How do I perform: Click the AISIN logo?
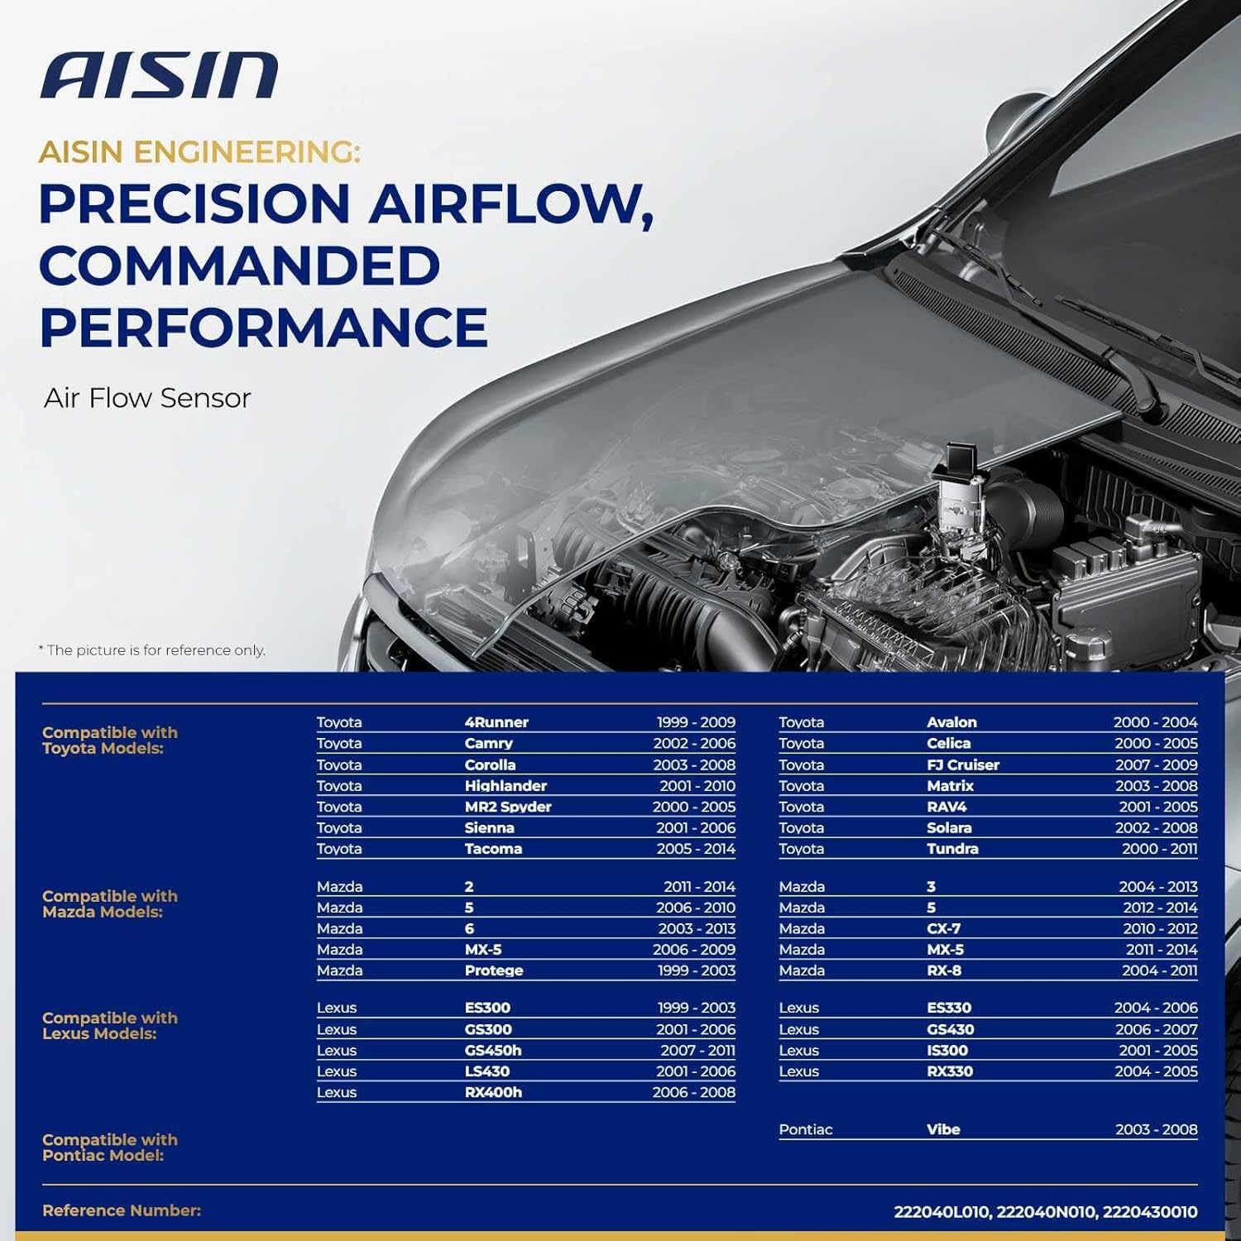pyautogui.click(x=159, y=75)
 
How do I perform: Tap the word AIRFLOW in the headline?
pyautogui.click(x=506, y=204)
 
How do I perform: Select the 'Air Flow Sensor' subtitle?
pyautogui.click(x=147, y=398)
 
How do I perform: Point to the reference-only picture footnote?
pyautogui.click(x=152, y=650)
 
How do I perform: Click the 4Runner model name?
pyautogui.click(x=496, y=722)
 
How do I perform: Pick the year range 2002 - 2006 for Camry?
pyautogui.click(x=694, y=743)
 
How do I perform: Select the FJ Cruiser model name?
pyautogui.click(x=963, y=764)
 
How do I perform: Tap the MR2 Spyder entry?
pyautogui.click(x=508, y=807)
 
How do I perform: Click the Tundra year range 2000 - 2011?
pyautogui.click(x=1159, y=848)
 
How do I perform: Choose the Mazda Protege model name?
pyautogui.click(x=494, y=970)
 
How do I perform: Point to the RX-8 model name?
pyautogui.click(x=944, y=970)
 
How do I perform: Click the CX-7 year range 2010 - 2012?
pyautogui.click(x=1160, y=928)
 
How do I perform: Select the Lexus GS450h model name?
pyautogui.click(x=493, y=1050)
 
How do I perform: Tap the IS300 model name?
pyautogui.click(x=947, y=1050)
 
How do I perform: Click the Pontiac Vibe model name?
pyautogui.click(x=943, y=1129)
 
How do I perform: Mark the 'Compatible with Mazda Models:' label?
pyautogui.click(x=110, y=903)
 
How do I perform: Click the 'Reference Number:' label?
pyautogui.click(x=122, y=1210)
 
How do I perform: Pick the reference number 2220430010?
pyautogui.click(x=1150, y=1212)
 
